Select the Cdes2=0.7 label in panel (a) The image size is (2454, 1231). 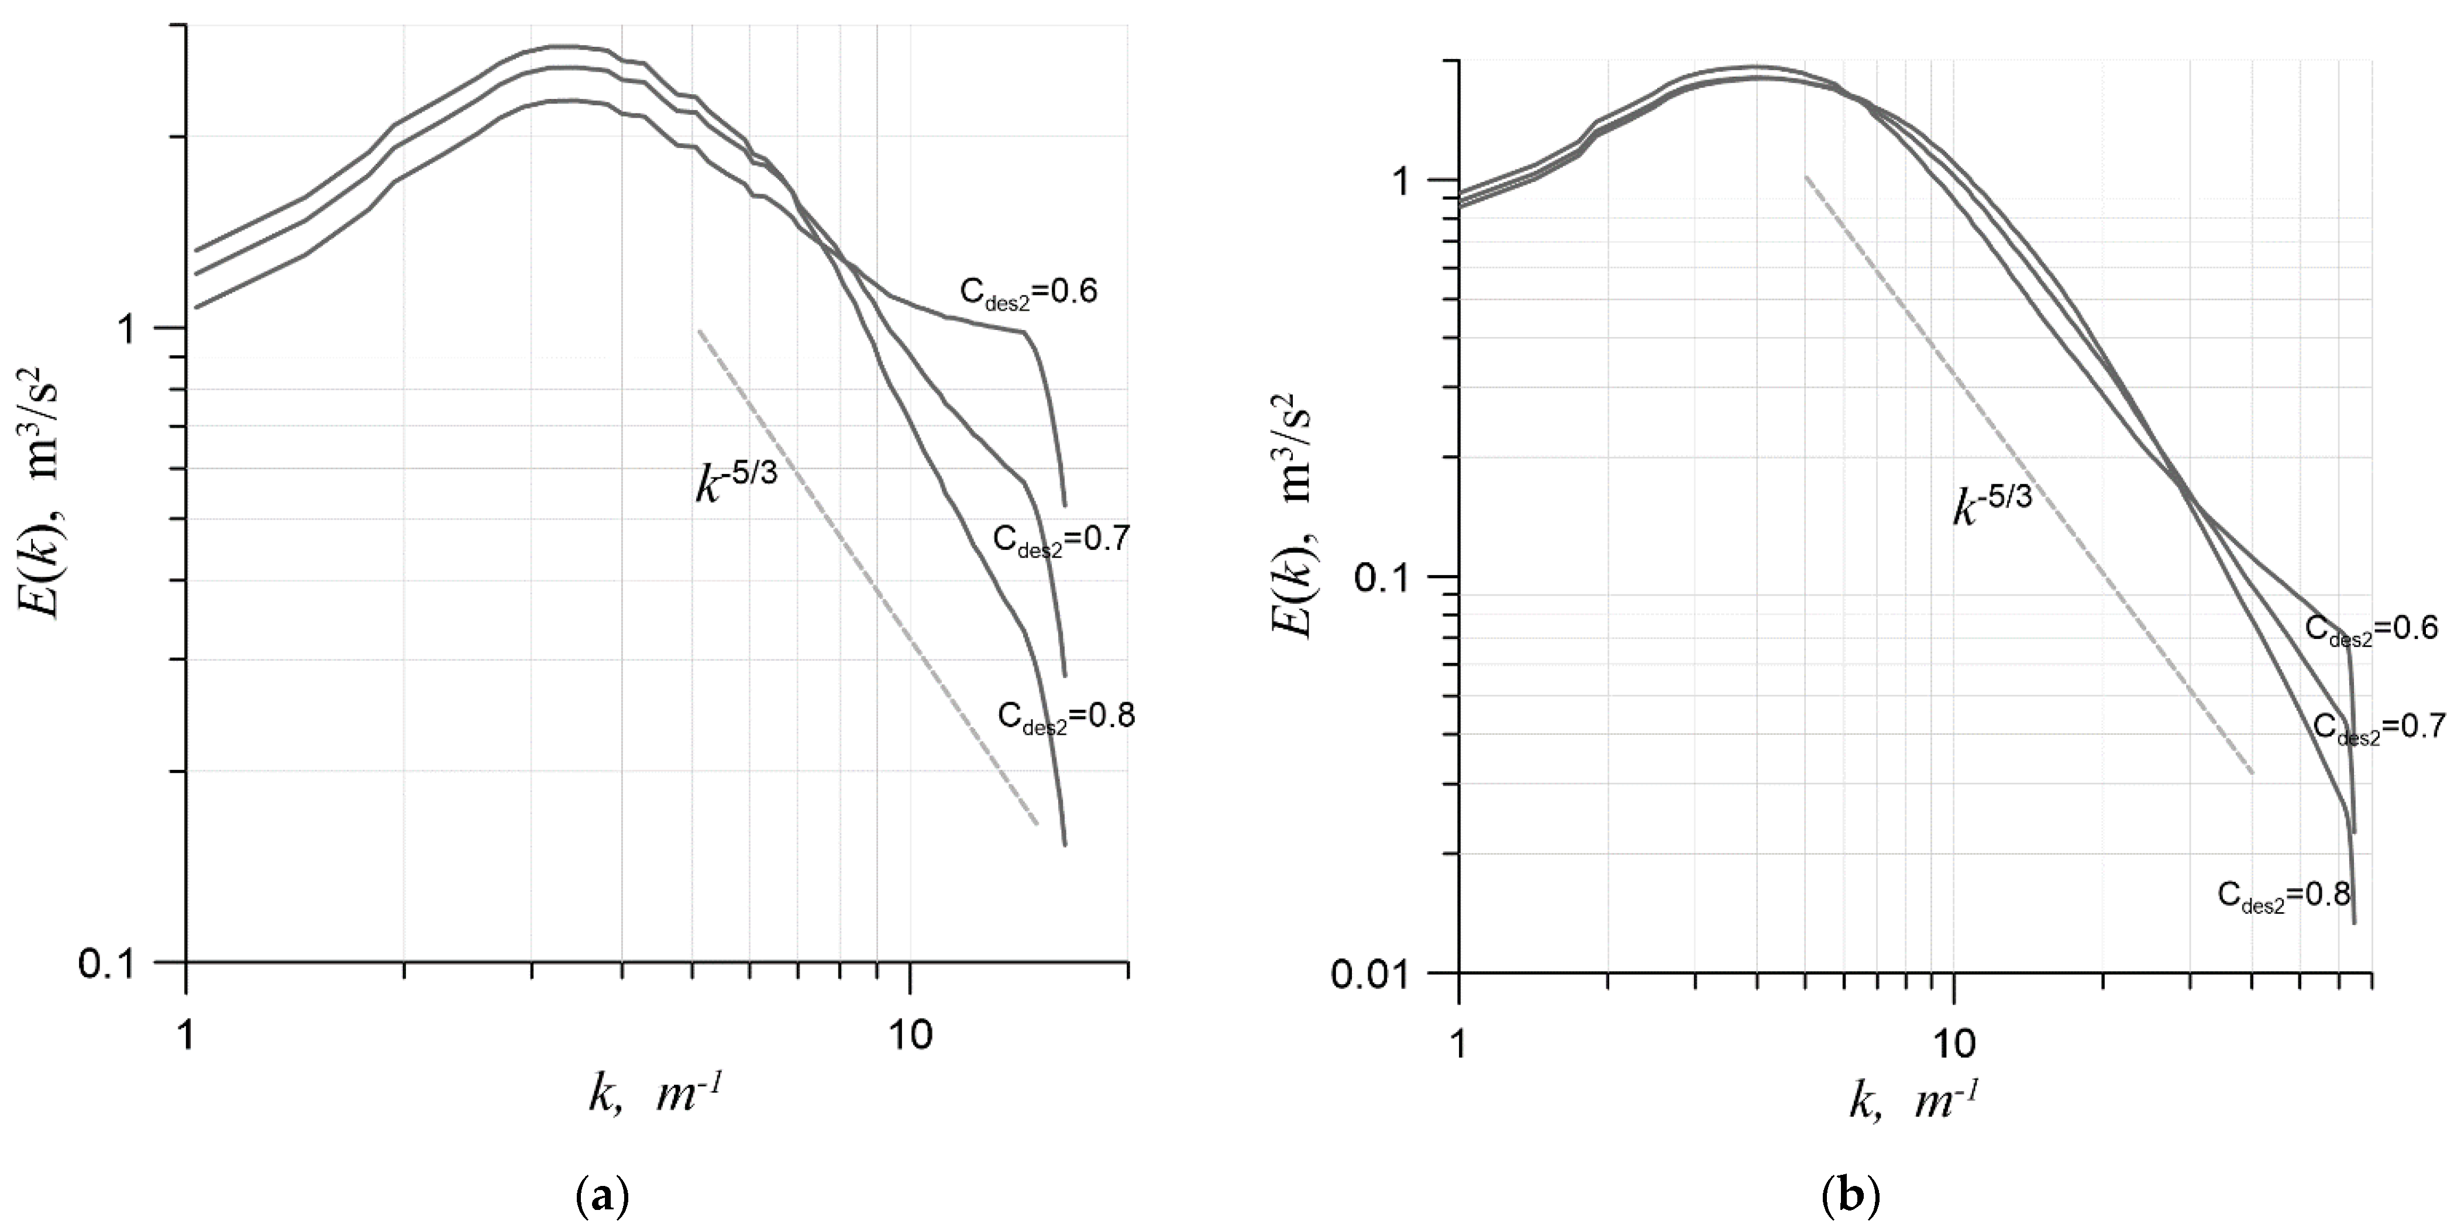(x=1061, y=540)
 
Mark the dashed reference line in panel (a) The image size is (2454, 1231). (x=867, y=581)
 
